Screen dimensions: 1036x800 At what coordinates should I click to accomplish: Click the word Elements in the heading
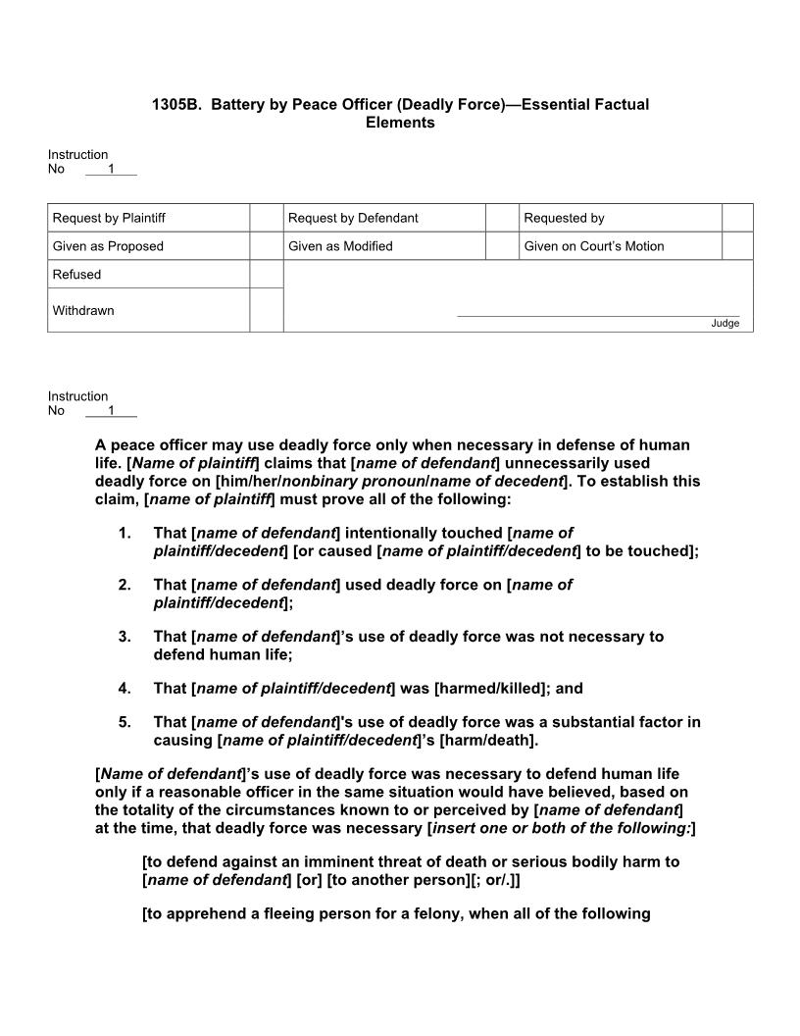pos(400,123)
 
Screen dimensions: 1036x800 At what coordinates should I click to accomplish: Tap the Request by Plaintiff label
pos(102,218)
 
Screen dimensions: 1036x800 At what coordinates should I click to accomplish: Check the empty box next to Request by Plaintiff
pos(266,218)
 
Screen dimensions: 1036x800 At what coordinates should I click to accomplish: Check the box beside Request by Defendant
pos(502,218)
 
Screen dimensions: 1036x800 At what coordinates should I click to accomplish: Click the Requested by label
pos(564,218)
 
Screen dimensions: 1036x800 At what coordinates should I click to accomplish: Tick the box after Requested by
pos(737,218)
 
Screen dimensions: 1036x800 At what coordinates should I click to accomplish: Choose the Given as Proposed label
pos(108,246)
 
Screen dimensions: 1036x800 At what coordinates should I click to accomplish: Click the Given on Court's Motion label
pos(594,246)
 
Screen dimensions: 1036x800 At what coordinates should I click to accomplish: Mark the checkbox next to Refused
pos(266,275)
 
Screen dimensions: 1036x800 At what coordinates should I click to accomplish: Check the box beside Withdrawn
pos(266,310)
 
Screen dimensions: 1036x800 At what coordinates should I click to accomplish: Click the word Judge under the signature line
pos(725,324)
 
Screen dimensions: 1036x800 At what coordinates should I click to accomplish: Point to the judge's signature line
pos(598,315)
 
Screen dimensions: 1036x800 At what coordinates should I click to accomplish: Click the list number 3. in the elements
pos(125,637)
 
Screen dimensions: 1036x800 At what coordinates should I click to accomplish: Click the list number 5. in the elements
pos(125,722)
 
